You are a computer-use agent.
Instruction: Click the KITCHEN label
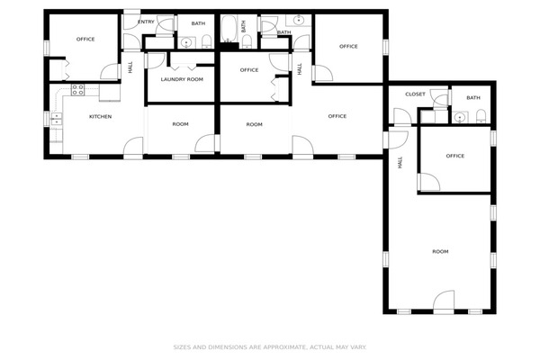(x=100, y=117)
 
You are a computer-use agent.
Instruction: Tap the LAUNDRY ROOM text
(x=182, y=79)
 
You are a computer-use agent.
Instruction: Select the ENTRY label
(x=146, y=22)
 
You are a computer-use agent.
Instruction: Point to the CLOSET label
(x=415, y=94)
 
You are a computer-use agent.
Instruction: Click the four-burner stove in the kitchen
(x=77, y=90)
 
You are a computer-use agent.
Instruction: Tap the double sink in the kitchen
(x=56, y=119)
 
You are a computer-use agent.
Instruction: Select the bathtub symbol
(x=229, y=29)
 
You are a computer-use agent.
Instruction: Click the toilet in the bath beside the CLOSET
(x=481, y=116)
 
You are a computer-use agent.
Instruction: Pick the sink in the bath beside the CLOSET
(x=460, y=117)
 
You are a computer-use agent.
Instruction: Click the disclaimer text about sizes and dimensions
(x=270, y=347)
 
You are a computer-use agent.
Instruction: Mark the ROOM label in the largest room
(x=440, y=251)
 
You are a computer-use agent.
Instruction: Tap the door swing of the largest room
(x=444, y=301)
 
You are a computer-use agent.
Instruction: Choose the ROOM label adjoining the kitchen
(x=180, y=124)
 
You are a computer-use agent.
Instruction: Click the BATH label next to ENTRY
(x=198, y=23)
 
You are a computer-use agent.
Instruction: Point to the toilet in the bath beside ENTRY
(x=206, y=41)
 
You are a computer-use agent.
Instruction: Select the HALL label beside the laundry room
(x=130, y=67)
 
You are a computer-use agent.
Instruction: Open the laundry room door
(x=156, y=60)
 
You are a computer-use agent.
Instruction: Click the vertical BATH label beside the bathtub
(x=244, y=26)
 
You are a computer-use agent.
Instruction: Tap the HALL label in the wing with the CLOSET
(x=400, y=162)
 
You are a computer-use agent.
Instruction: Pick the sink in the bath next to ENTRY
(x=186, y=42)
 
